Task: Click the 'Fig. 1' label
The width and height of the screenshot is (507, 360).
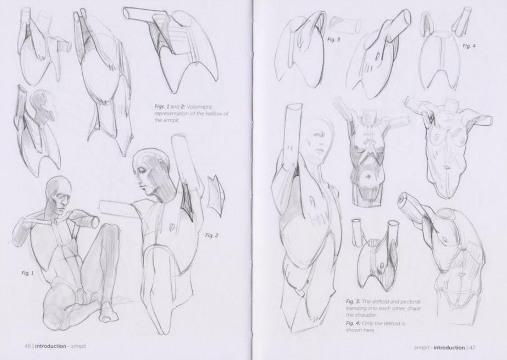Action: pyautogui.click(x=27, y=273)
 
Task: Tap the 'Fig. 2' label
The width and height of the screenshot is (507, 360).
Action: pyautogui.click(x=212, y=235)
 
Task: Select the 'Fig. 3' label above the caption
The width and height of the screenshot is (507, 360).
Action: pyautogui.click(x=334, y=39)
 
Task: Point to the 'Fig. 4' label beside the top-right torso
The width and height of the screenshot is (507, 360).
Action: pyautogui.click(x=469, y=46)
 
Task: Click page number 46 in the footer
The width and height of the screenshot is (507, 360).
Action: pyautogui.click(x=27, y=346)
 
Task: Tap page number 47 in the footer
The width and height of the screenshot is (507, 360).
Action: pyautogui.click(x=472, y=347)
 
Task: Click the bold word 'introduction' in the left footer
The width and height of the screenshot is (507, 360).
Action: pyautogui.click(x=51, y=346)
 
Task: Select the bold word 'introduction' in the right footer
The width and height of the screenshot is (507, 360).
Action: pyautogui.click(x=449, y=347)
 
